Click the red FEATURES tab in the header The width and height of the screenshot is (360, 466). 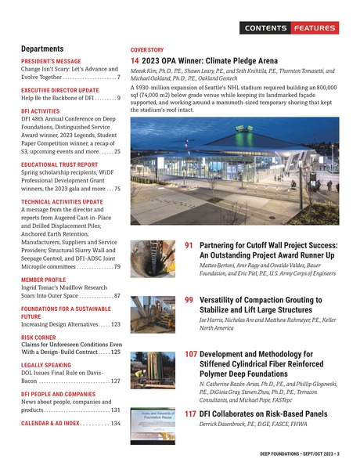[x=315, y=28]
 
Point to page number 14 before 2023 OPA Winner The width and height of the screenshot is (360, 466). [x=135, y=60]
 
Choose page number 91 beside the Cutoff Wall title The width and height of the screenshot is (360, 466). [x=189, y=245]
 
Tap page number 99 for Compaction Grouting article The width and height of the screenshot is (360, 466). [x=189, y=300]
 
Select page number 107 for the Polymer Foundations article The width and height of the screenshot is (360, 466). [x=192, y=354]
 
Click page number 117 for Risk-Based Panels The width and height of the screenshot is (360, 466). [x=191, y=414]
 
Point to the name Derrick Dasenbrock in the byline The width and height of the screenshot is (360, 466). [x=224, y=426]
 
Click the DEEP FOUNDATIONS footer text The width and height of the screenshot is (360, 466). [x=271, y=453]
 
